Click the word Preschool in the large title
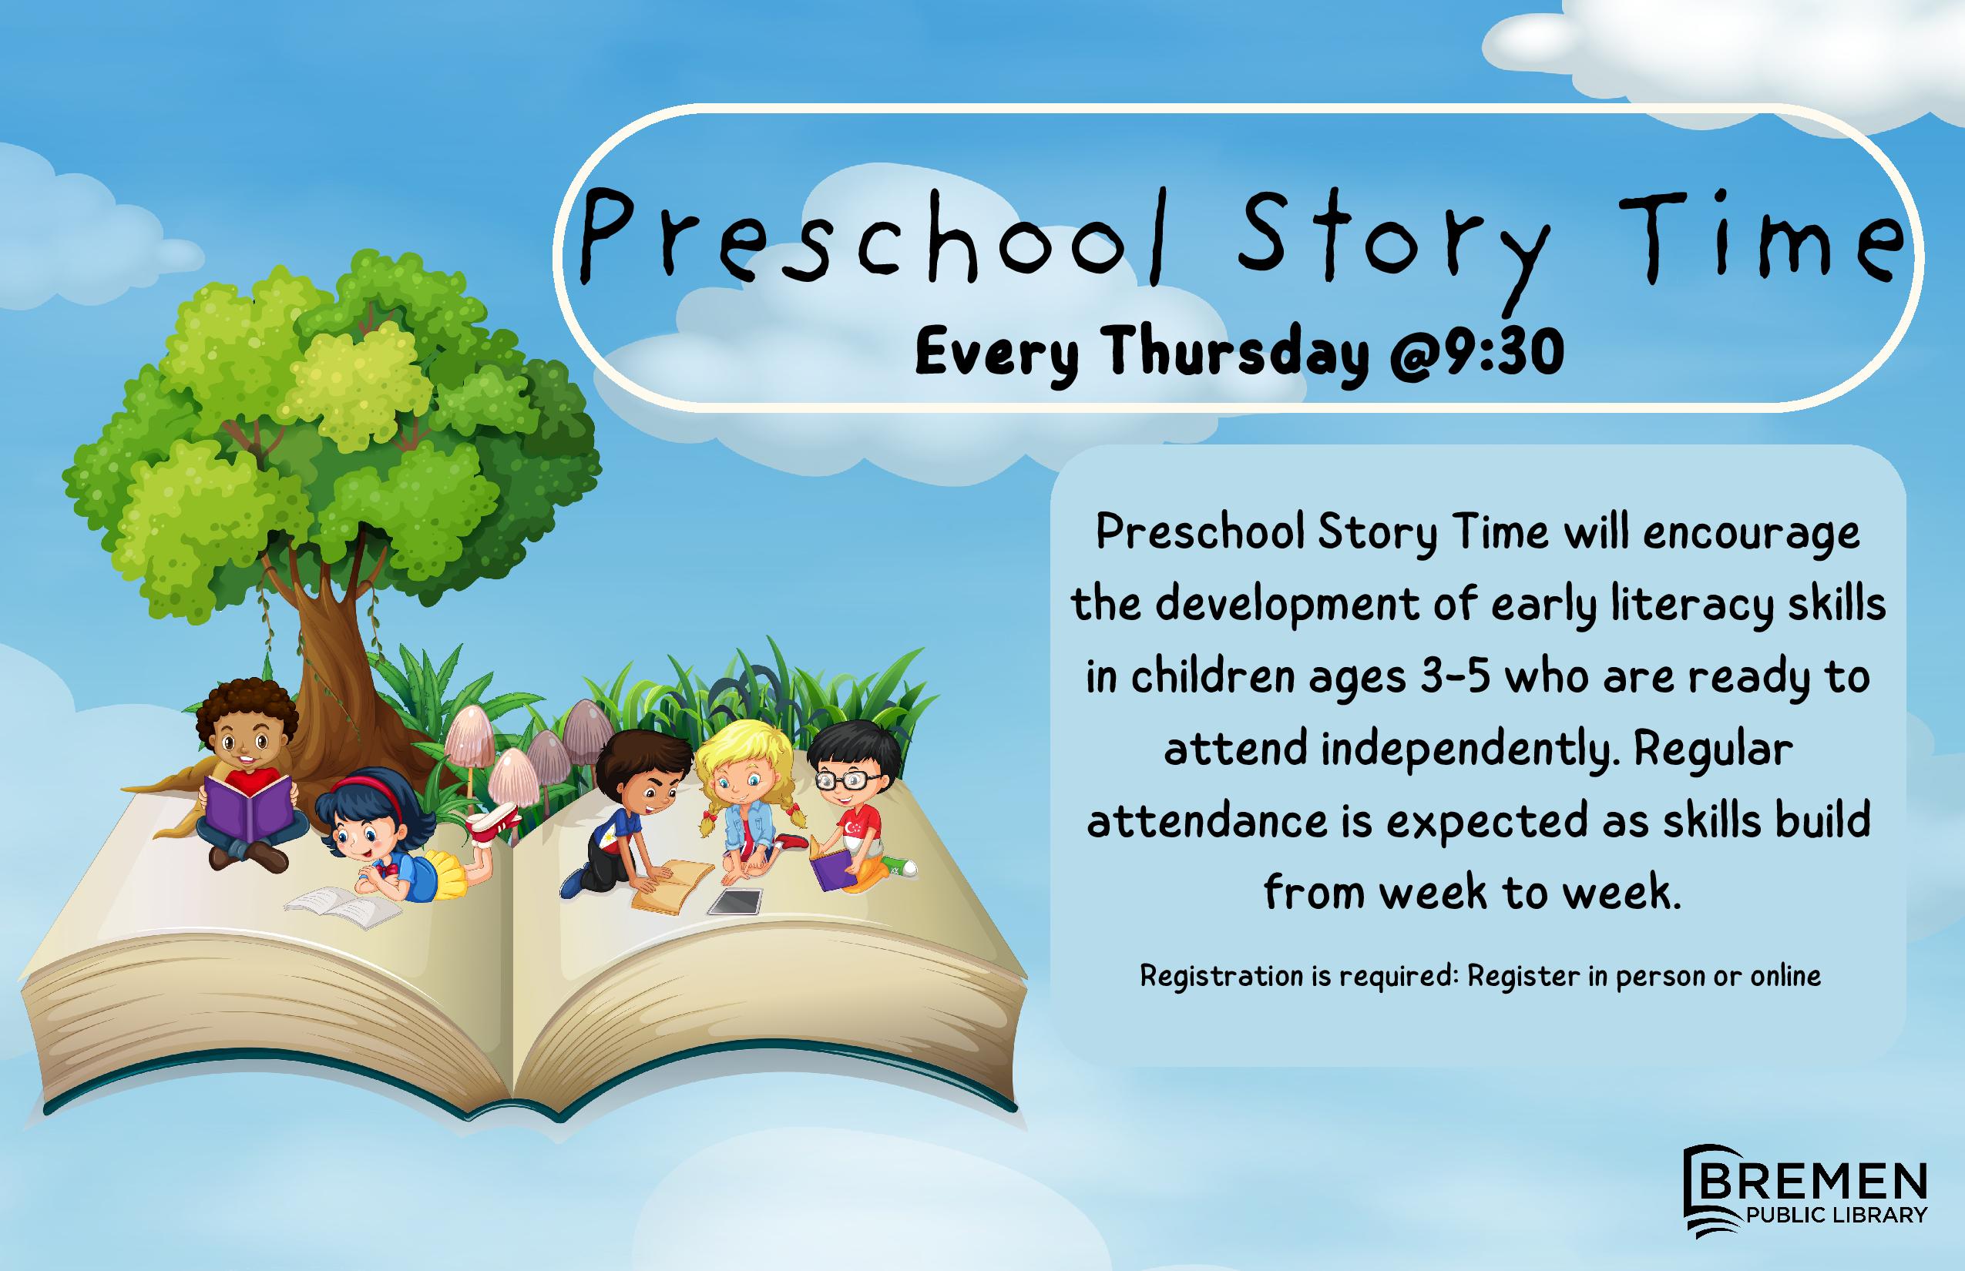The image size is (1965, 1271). tap(875, 235)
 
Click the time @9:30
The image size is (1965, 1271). tap(1478, 353)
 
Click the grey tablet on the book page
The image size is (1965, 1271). tap(736, 902)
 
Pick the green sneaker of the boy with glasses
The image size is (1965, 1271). tap(900, 866)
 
